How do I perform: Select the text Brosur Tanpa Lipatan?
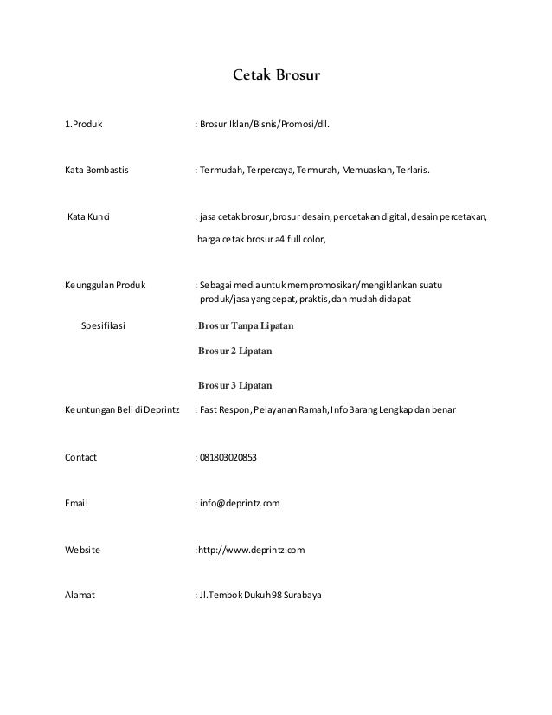[x=247, y=326]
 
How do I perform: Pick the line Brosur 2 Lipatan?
[x=235, y=351]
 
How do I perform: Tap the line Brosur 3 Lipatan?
[x=235, y=385]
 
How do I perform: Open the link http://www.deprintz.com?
[x=251, y=550]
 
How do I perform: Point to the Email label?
[x=77, y=503]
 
